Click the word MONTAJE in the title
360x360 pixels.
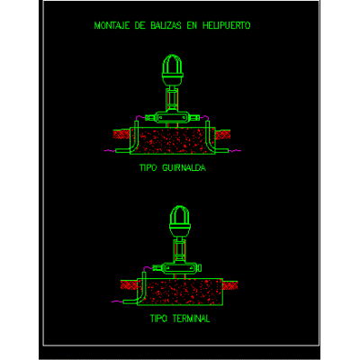(x=112, y=25)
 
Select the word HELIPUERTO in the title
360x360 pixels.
(x=226, y=25)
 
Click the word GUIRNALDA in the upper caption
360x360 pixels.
(x=184, y=167)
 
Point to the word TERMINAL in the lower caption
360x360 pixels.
(x=191, y=319)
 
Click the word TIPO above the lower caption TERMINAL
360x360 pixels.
(x=158, y=319)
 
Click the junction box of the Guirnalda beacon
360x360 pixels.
(x=172, y=117)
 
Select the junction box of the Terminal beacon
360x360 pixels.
(x=180, y=268)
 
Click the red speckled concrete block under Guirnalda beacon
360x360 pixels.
(x=173, y=141)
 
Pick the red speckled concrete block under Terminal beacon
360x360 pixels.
(x=180, y=292)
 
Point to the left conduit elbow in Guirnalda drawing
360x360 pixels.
(x=134, y=143)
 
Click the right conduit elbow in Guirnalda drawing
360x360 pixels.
(x=211, y=143)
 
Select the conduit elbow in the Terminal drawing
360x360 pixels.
(x=141, y=294)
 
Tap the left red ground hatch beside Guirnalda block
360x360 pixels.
(x=121, y=134)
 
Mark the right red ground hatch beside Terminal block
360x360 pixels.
(x=230, y=285)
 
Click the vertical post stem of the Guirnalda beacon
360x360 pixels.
(x=172, y=99)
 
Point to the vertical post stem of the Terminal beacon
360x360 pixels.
(x=180, y=250)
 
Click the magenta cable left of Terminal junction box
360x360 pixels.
(x=148, y=268)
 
